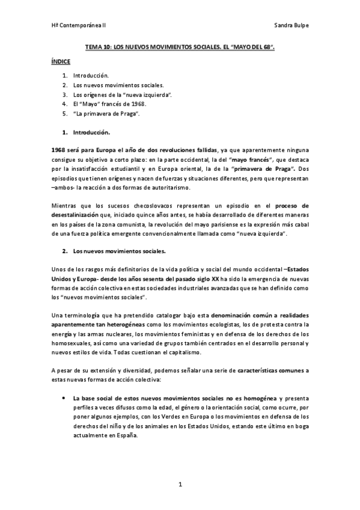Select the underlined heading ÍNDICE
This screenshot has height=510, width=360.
click(x=61, y=62)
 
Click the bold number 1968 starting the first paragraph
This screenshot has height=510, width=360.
click(x=59, y=150)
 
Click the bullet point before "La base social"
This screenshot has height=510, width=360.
click(x=63, y=399)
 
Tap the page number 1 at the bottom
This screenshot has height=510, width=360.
click(x=180, y=484)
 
